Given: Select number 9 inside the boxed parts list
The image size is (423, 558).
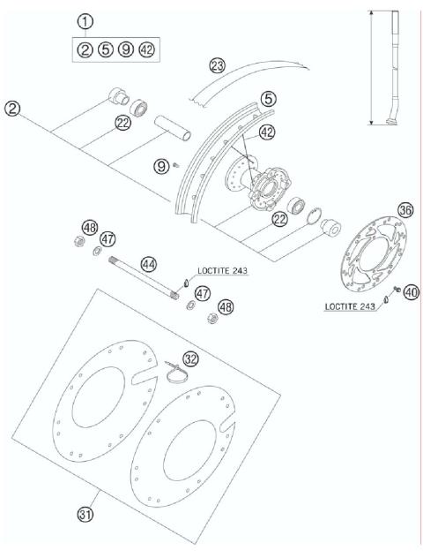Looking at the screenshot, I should click(x=125, y=49).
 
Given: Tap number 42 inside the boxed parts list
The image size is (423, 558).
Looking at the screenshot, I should click(x=146, y=49).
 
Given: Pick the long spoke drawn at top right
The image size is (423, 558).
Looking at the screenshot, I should click(x=391, y=66).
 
